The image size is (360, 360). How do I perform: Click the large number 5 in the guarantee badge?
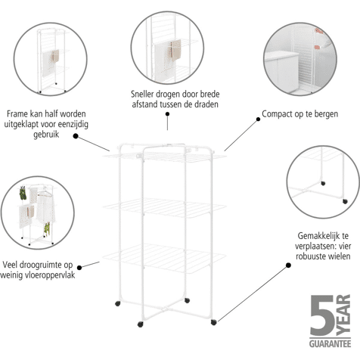pyautogui.click(x=322, y=315)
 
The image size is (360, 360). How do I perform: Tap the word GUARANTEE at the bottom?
pyautogui.click(x=330, y=344)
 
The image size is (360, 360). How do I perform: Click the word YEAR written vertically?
pyautogui.click(x=343, y=315)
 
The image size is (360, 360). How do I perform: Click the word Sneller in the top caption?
pyautogui.click(x=142, y=94)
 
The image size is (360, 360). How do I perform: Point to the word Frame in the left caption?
pyautogui.click(x=17, y=113)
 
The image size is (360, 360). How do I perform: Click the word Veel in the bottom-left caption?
pyautogui.click(x=10, y=265)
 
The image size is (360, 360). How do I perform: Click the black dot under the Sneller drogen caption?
pyautogui.click(x=167, y=114)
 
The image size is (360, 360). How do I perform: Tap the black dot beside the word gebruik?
pyautogui.click(x=76, y=136)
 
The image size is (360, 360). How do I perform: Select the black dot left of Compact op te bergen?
pyautogui.click(x=258, y=119)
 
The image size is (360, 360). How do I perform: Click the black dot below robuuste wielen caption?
pyautogui.click(x=288, y=265)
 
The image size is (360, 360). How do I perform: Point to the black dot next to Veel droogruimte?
pyautogui.click(x=79, y=268)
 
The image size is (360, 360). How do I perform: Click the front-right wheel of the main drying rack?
pyautogui.click(x=213, y=322)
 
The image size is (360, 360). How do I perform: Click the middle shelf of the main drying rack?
pyautogui.click(x=164, y=208)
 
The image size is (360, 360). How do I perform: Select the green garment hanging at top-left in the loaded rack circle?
pyautogui.click(x=23, y=194)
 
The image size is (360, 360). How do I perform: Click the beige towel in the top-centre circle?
pyautogui.click(x=176, y=50)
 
